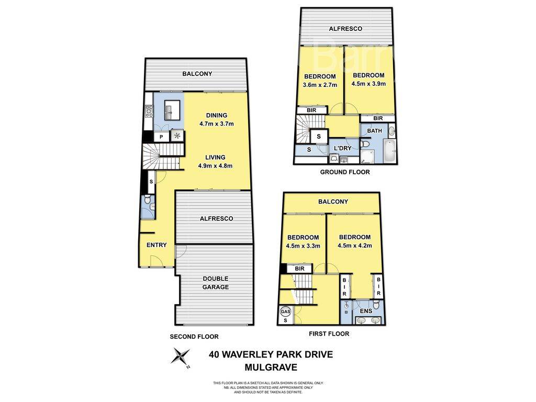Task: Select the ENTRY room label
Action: click(x=157, y=245)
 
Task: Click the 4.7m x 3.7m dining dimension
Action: click(x=216, y=124)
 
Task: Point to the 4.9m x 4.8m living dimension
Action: click(x=215, y=166)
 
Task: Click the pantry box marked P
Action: click(x=161, y=136)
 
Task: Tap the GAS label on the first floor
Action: click(x=286, y=311)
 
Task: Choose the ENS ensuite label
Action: click(x=366, y=311)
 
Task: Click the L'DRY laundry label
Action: click(x=342, y=149)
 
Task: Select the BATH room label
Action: click(x=374, y=130)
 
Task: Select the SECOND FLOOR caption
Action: click(x=194, y=337)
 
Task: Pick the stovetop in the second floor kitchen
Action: click(x=149, y=110)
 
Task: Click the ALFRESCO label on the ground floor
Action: click(x=345, y=29)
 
